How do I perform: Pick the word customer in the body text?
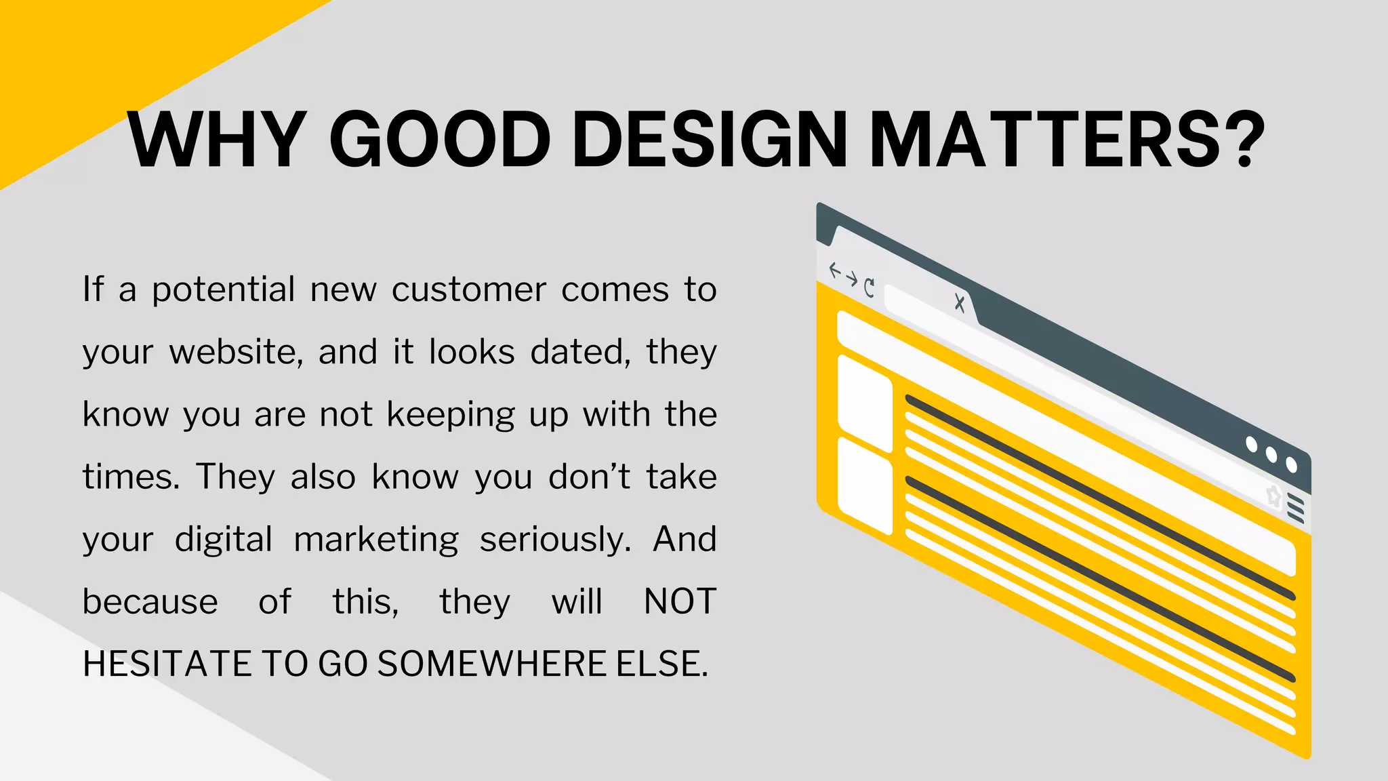tap(469, 290)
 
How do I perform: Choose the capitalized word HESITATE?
tap(166, 664)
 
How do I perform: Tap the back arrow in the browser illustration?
tap(835, 271)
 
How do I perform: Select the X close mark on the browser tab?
tap(959, 302)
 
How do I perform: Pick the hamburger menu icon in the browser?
tap(1295, 508)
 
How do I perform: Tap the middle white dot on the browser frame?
tap(1271, 455)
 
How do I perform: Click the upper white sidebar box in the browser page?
tap(865, 403)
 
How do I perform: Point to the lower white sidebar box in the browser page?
tap(865, 485)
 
